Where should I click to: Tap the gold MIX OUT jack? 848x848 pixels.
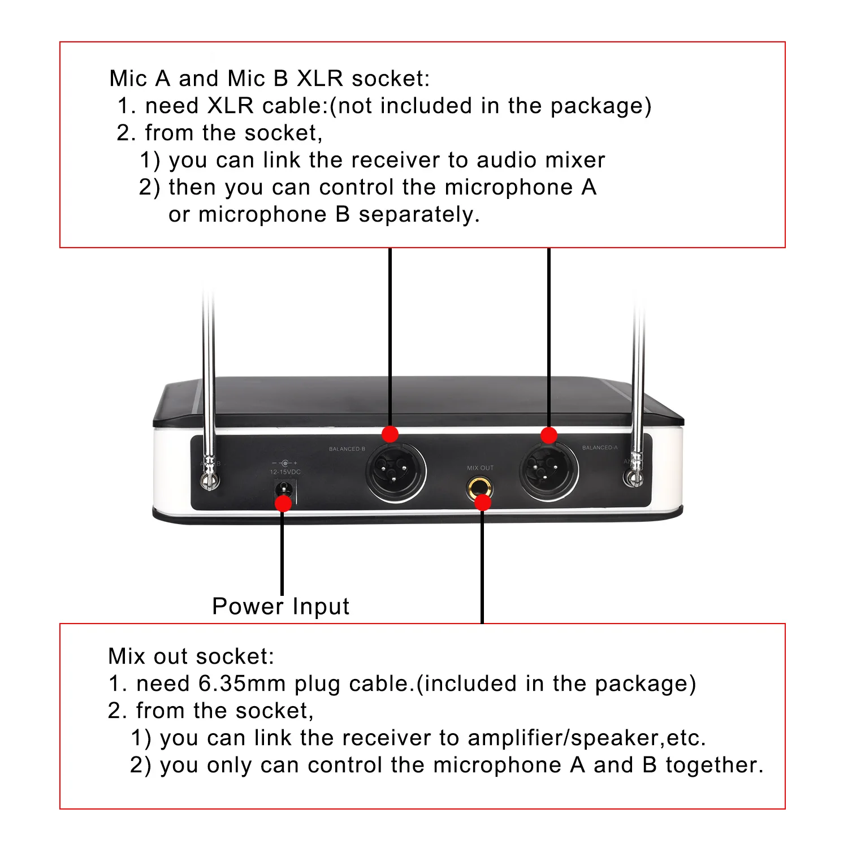479,487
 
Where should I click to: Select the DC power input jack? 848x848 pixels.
284,491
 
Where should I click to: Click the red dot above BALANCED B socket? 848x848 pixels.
390,434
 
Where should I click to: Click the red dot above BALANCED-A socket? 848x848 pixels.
549,435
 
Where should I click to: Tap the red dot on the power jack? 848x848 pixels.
283,503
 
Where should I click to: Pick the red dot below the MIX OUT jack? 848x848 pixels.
482,502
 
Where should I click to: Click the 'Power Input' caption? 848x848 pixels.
281,607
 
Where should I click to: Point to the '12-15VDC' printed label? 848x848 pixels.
285,471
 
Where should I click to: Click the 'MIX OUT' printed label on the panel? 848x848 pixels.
480,468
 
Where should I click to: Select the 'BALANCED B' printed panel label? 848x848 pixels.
347,449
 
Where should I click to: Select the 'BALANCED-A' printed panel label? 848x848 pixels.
600,448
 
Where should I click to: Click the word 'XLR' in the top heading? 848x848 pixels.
320,79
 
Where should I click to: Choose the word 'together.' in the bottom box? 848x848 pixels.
715,765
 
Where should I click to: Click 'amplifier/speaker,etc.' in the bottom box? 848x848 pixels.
587,738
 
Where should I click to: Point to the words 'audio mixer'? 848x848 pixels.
541,161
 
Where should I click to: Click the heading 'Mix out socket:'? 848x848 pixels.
191,657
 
